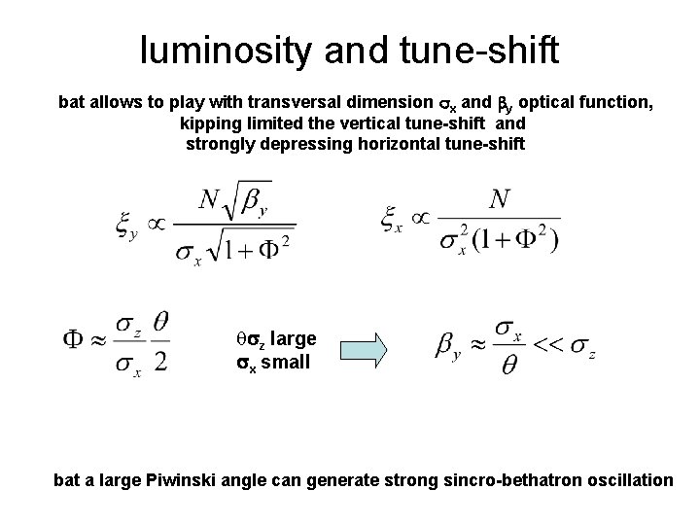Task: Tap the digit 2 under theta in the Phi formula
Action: [161, 362]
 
